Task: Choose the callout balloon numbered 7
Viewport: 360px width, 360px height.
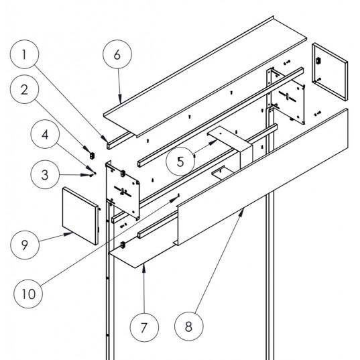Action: click(146, 330)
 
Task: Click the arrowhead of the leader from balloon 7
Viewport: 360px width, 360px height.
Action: click(143, 266)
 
